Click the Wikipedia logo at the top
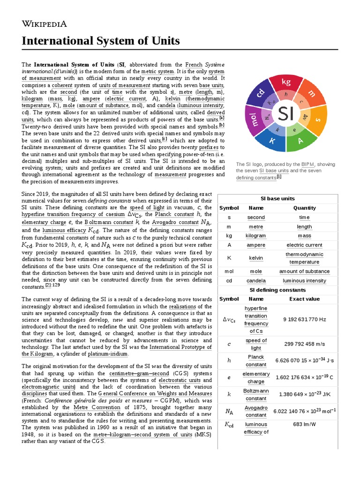(x=45, y=24)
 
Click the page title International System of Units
(x=101, y=41)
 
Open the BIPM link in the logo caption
(x=308, y=164)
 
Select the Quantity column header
(x=304, y=208)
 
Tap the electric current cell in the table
(x=304, y=245)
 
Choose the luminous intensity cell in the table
(x=304, y=280)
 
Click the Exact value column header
(x=304, y=299)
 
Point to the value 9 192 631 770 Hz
(x=304, y=319)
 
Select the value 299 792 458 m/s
(x=304, y=344)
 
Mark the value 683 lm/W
(x=304, y=424)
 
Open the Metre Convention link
(x=93, y=407)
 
